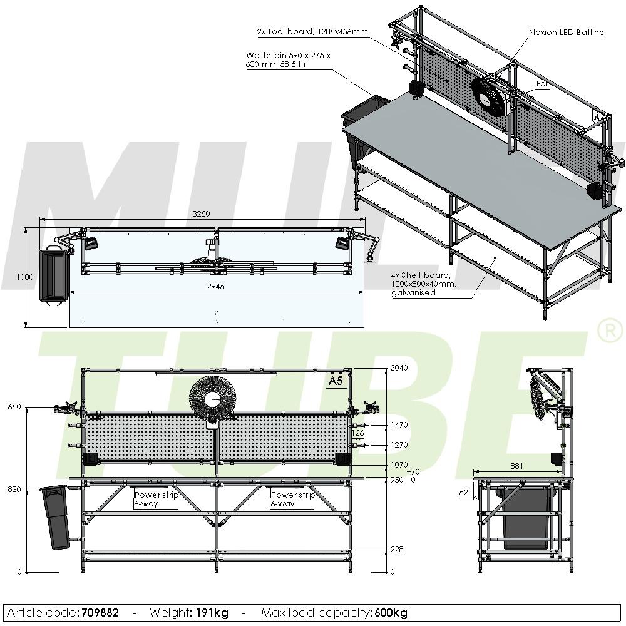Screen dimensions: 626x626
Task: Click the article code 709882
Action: coord(100,612)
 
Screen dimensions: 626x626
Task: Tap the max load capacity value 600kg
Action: coord(393,612)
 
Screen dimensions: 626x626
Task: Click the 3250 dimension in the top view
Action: coord(201,213)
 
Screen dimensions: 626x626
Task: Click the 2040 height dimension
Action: coord(398,368)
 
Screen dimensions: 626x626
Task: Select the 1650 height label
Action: coord(13,407)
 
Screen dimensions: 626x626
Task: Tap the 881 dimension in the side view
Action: coord(516,466)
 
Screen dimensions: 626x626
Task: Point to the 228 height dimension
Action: coord(396,549)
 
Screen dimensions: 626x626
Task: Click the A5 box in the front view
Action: coord(337,381)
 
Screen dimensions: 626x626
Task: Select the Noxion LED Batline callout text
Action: coord(566,33)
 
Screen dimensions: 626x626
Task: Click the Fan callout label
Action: coord(543,83)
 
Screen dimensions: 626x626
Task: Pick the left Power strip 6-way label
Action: coord(156,499)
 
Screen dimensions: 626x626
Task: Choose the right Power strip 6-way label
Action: coord(292,499)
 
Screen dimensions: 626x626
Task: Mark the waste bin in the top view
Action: coord(54,275)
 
